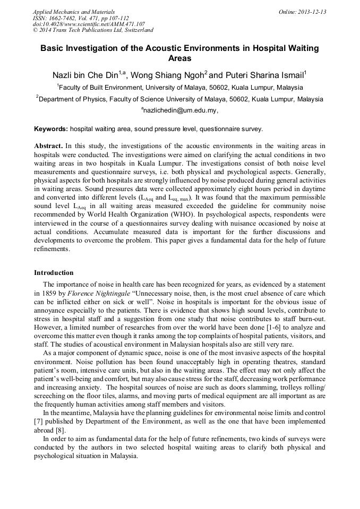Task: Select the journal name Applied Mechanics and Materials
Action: (74, 12)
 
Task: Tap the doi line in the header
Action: (89, 24)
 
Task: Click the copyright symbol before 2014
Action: (35, 31)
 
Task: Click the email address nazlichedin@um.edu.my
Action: (180, 111)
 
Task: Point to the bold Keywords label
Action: (51, 129)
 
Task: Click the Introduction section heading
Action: (54, 273)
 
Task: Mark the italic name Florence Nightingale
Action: (106, 293)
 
